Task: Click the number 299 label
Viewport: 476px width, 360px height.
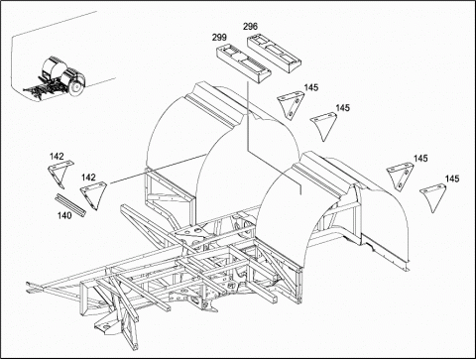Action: [219, 38]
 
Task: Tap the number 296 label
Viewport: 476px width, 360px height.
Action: [250, 27]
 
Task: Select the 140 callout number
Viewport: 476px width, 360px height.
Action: [64, 215]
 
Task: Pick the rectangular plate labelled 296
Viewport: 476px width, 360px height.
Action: [274, 53]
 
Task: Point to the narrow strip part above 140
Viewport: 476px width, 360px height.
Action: [70, 205]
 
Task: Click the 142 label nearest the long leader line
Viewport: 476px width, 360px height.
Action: [88, 178]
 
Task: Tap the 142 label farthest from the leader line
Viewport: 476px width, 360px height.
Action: [57, 156]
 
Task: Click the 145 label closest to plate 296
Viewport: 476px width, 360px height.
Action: [311, 87]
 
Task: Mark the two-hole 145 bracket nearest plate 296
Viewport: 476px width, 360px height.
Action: [290, 105]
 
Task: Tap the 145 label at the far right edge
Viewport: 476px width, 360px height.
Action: [452, 179]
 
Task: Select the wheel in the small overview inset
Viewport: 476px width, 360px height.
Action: [75, 87]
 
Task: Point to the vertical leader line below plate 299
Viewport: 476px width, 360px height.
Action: [247, 114]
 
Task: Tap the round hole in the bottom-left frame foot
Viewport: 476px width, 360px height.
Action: [106, 327]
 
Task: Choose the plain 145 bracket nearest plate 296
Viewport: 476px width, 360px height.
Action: [323, 126]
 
